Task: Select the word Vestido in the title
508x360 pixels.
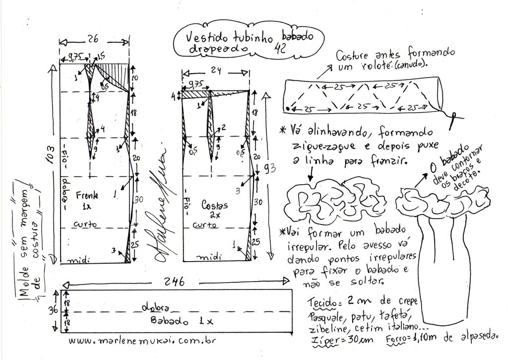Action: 204,38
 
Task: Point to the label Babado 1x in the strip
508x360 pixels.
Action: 182,321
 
